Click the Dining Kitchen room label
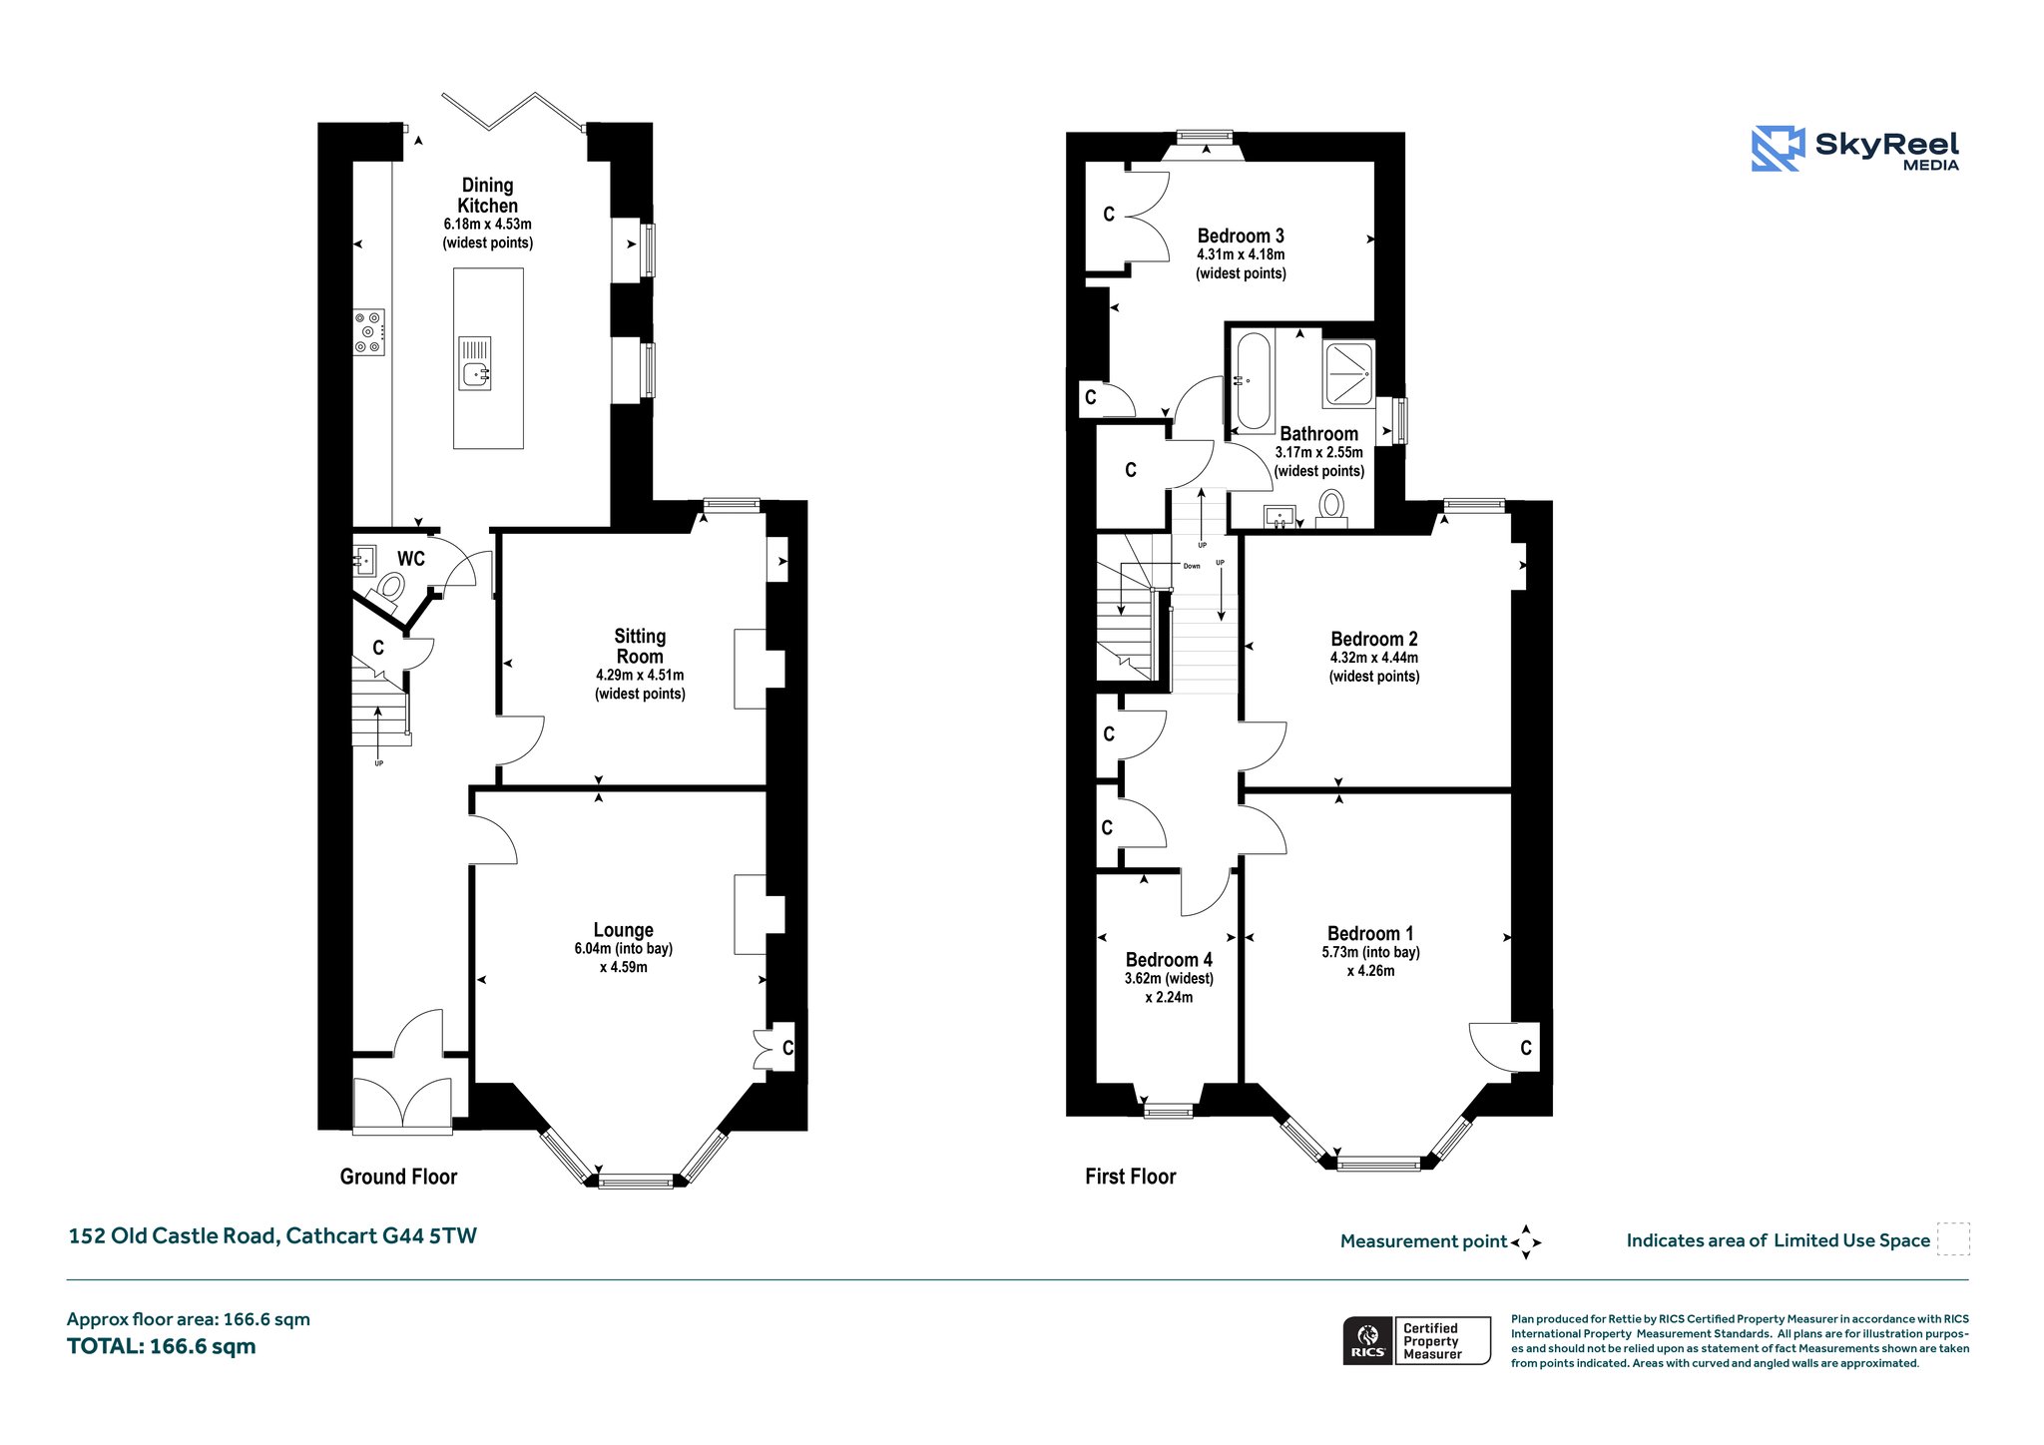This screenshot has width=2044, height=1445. pyautogui.click(x=488, y=196)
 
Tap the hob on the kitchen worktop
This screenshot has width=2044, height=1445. pyautogui.click(x=368, y=331)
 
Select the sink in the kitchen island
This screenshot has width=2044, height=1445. pyautogui.click(x=475, y=363)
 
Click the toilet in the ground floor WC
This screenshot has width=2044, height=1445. pyautogui.click(x=389, y=589)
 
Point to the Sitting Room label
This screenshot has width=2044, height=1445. pyautogui.click(x=640, y=647)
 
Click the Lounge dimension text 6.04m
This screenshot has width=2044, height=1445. pyautogui.click(x=593, y=949)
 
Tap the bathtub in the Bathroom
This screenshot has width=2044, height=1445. pyautogui.click(x=1254, y=382)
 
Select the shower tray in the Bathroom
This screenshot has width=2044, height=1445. pyautogui.click(x=1348, y=374)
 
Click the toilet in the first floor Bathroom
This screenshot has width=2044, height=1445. pyautogui.click(x=1332, y=508)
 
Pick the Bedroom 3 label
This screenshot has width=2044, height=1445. pyautogui.click(x=1241, y=237)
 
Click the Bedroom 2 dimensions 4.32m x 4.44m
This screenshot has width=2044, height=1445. pyautogui.click(x=1374, y=658)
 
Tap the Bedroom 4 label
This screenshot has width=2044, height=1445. pyautogui.click(x=1169, y=960)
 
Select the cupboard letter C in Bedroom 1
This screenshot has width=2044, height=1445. pyautogui.click(x=1526, y=1048)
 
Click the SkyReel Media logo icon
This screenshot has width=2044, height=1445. pyautogui.click(x=1778, y=149)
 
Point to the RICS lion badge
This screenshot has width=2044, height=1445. pyautogui.click(x=1368, y=1339)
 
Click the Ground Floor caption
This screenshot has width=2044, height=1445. pyautogui.click(x=398, y=1177)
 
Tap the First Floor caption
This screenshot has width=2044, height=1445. pyautogui.click(x=1131, y=1177)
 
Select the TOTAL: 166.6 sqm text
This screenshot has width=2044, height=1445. pyautogui.click(x=162, y=1346)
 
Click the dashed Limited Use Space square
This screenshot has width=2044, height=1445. pyautogui.click(x=1953, y=1239)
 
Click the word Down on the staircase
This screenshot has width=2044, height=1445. pyautogui.click(x=1192, y=566)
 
